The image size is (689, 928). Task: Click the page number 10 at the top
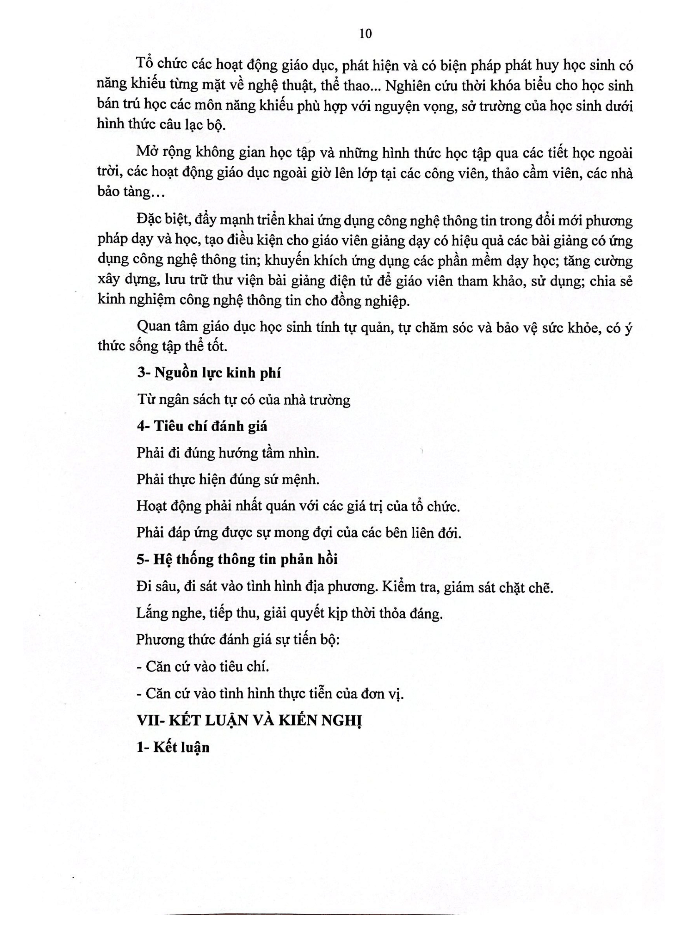point(365,33)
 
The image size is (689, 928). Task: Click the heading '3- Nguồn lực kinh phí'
point(209,373)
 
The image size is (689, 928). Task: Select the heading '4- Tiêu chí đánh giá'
point(202,426)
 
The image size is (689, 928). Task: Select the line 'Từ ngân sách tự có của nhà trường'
point(243,400)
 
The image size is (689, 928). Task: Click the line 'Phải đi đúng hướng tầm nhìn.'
point(228,453)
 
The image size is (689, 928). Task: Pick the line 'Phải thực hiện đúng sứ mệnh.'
point(228,480)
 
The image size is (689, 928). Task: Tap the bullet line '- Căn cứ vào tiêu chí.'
point(203,667)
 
